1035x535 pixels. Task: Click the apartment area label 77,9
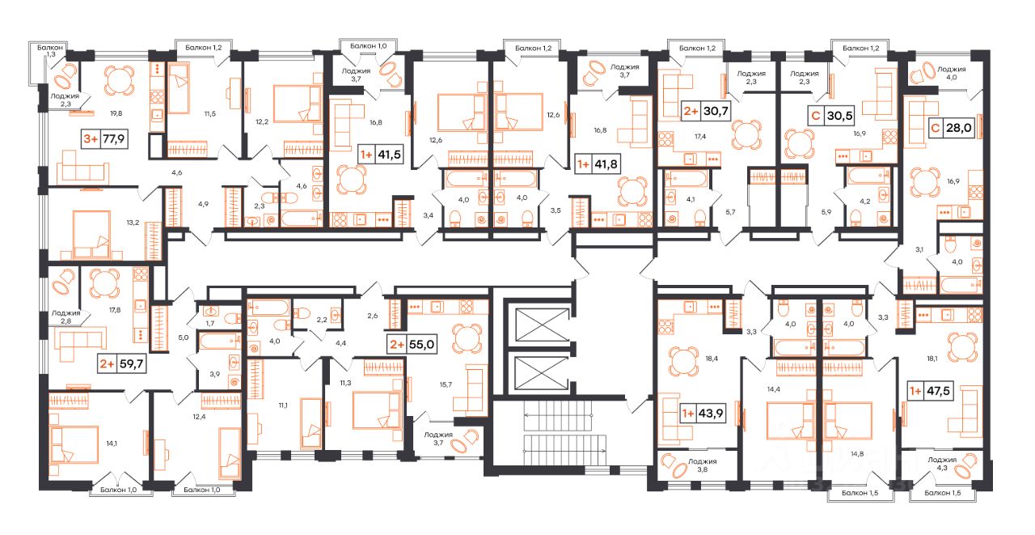click(114, 138)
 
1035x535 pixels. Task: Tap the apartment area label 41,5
click(390, 155)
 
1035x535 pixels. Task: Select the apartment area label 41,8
click(606, 164)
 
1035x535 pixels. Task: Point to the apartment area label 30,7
click(716, 111)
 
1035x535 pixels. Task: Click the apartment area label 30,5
click(839, 115)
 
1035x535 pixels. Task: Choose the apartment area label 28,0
click(959, 128)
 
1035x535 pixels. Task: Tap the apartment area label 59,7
click(131, 364)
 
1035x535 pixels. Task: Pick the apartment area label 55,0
click(421, 345)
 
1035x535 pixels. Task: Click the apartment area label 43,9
click(711, 413)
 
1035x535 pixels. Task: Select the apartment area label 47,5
click(939, 391)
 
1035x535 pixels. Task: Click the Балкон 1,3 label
click(50, 50)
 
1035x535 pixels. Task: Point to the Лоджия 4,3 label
click(942, 463)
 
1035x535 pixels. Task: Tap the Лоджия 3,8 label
click(703, 465)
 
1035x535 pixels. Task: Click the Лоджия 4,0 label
click(952, 73)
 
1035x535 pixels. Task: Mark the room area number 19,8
click(116, 113)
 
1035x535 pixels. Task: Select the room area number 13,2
click(133, 223)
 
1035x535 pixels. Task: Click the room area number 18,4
click(712, 359)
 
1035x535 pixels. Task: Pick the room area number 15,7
click(446, 384)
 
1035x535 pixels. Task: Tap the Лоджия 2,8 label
click(65, 316)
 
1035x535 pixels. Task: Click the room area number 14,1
click(112, 444)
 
